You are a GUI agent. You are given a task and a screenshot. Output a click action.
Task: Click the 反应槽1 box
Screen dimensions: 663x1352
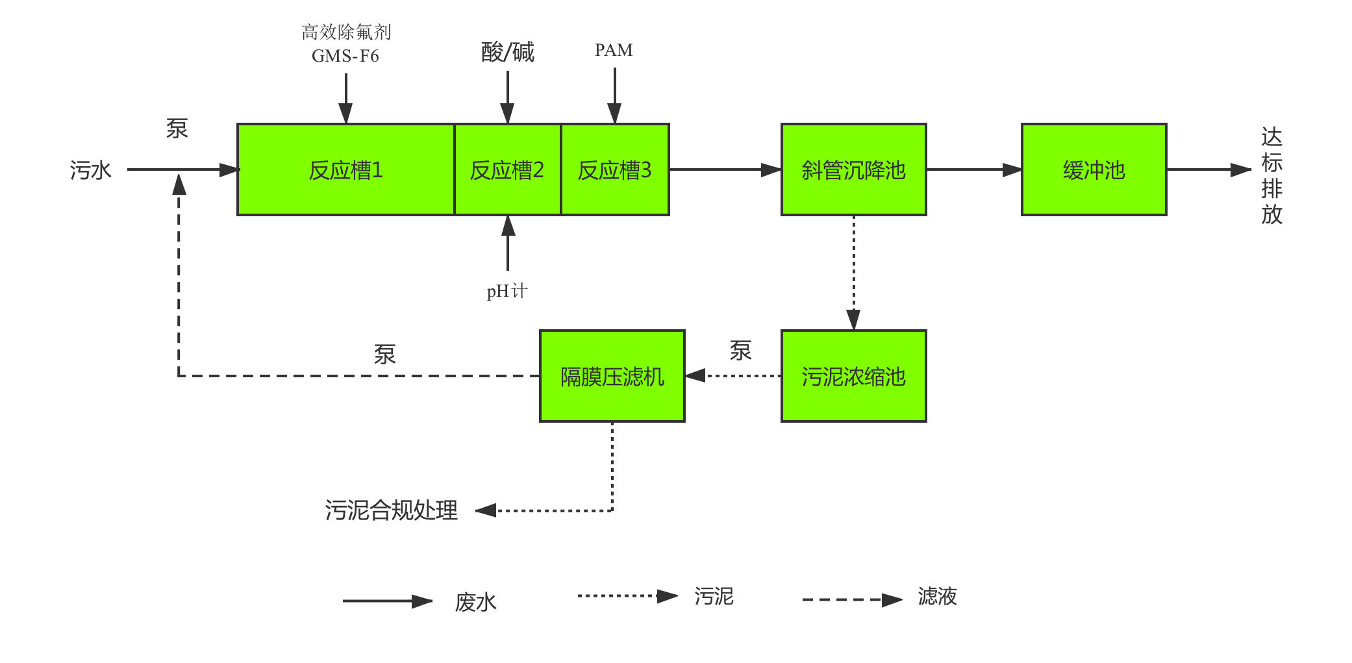coord(345,169)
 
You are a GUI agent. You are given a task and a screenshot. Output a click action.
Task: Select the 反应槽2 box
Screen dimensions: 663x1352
coord(507,169)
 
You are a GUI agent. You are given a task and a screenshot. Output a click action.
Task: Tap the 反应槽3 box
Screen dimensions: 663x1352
coord(614,169)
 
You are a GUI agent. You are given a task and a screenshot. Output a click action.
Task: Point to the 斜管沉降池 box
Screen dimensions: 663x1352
coord(853,169)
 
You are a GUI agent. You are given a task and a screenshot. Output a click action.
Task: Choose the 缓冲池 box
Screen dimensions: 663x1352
coord(1094,169)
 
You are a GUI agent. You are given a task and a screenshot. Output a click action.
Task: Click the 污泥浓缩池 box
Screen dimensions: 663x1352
coord(853,376)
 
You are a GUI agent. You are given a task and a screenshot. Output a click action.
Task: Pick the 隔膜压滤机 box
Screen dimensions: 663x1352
coord(612,376)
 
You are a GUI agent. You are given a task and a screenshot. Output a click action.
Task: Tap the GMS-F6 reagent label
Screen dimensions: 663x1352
coord(345,56)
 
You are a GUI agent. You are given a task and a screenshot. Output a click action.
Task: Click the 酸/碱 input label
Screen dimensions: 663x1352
coord(507,52)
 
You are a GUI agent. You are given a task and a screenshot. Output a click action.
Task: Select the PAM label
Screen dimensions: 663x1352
coord(614,50)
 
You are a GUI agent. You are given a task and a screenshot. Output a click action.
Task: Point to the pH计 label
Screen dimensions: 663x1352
coord(507,291)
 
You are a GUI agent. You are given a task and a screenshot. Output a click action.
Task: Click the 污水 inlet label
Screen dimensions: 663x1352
coord(91,170)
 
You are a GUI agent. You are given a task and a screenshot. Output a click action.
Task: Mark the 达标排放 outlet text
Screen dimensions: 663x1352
coord(1271,175)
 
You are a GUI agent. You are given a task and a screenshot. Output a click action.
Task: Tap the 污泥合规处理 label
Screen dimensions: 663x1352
coord(391,510)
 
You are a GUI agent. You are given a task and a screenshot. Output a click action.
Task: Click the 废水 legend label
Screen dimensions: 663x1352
coord(475,602)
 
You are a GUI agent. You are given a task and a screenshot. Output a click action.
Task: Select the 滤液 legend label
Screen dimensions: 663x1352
coord(937,596)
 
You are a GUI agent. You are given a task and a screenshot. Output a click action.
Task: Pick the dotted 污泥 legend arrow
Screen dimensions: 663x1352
coord(627,595)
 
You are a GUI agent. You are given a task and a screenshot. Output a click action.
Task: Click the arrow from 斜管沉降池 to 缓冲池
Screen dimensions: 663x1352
coord(973,169)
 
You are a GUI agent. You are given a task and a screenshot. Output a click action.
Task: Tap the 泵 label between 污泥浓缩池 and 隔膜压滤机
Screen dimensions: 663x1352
coord(740,351)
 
